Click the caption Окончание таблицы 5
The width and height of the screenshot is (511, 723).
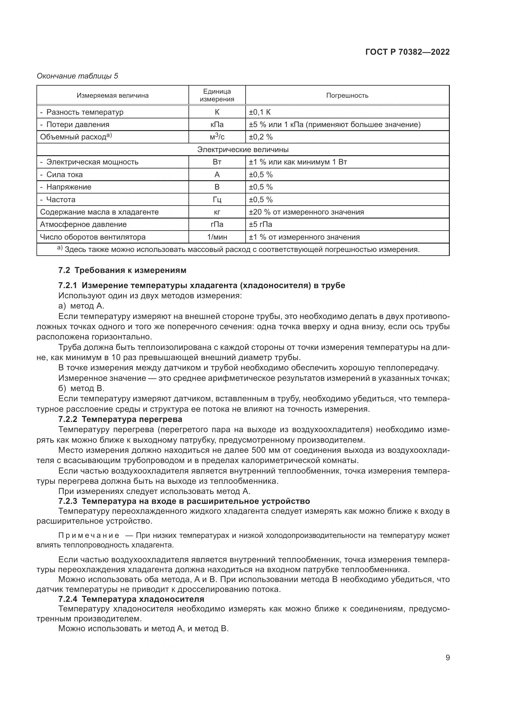click(78, 76)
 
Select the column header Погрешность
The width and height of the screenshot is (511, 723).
click(347, 96)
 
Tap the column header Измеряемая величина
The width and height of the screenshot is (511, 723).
click(113, 96)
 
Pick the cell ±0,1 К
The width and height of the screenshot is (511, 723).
click(260, 112)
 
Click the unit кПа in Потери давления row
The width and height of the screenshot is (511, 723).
click(217, 124)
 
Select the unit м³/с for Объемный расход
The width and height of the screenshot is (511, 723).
click(217, 137)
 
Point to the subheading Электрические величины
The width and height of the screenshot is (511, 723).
click(243, 149)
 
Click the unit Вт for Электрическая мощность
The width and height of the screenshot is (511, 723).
click(217, 162)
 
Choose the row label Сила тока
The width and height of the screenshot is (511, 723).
click(65, 174)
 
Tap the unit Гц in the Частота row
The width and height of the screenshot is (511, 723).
click(217, 199)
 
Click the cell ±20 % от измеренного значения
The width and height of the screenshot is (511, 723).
click(306, 212)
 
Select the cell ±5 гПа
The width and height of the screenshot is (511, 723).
click(260, 224)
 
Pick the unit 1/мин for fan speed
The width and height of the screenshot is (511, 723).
click(217, 237)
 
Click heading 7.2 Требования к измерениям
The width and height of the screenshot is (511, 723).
click(122, 270)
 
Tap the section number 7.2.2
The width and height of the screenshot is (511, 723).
click(68, 419)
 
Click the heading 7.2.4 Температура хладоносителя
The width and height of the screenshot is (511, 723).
click(131, 599)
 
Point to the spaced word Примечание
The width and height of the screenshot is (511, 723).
click(89, 535)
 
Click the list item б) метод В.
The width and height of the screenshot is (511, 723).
click(81, 388)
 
